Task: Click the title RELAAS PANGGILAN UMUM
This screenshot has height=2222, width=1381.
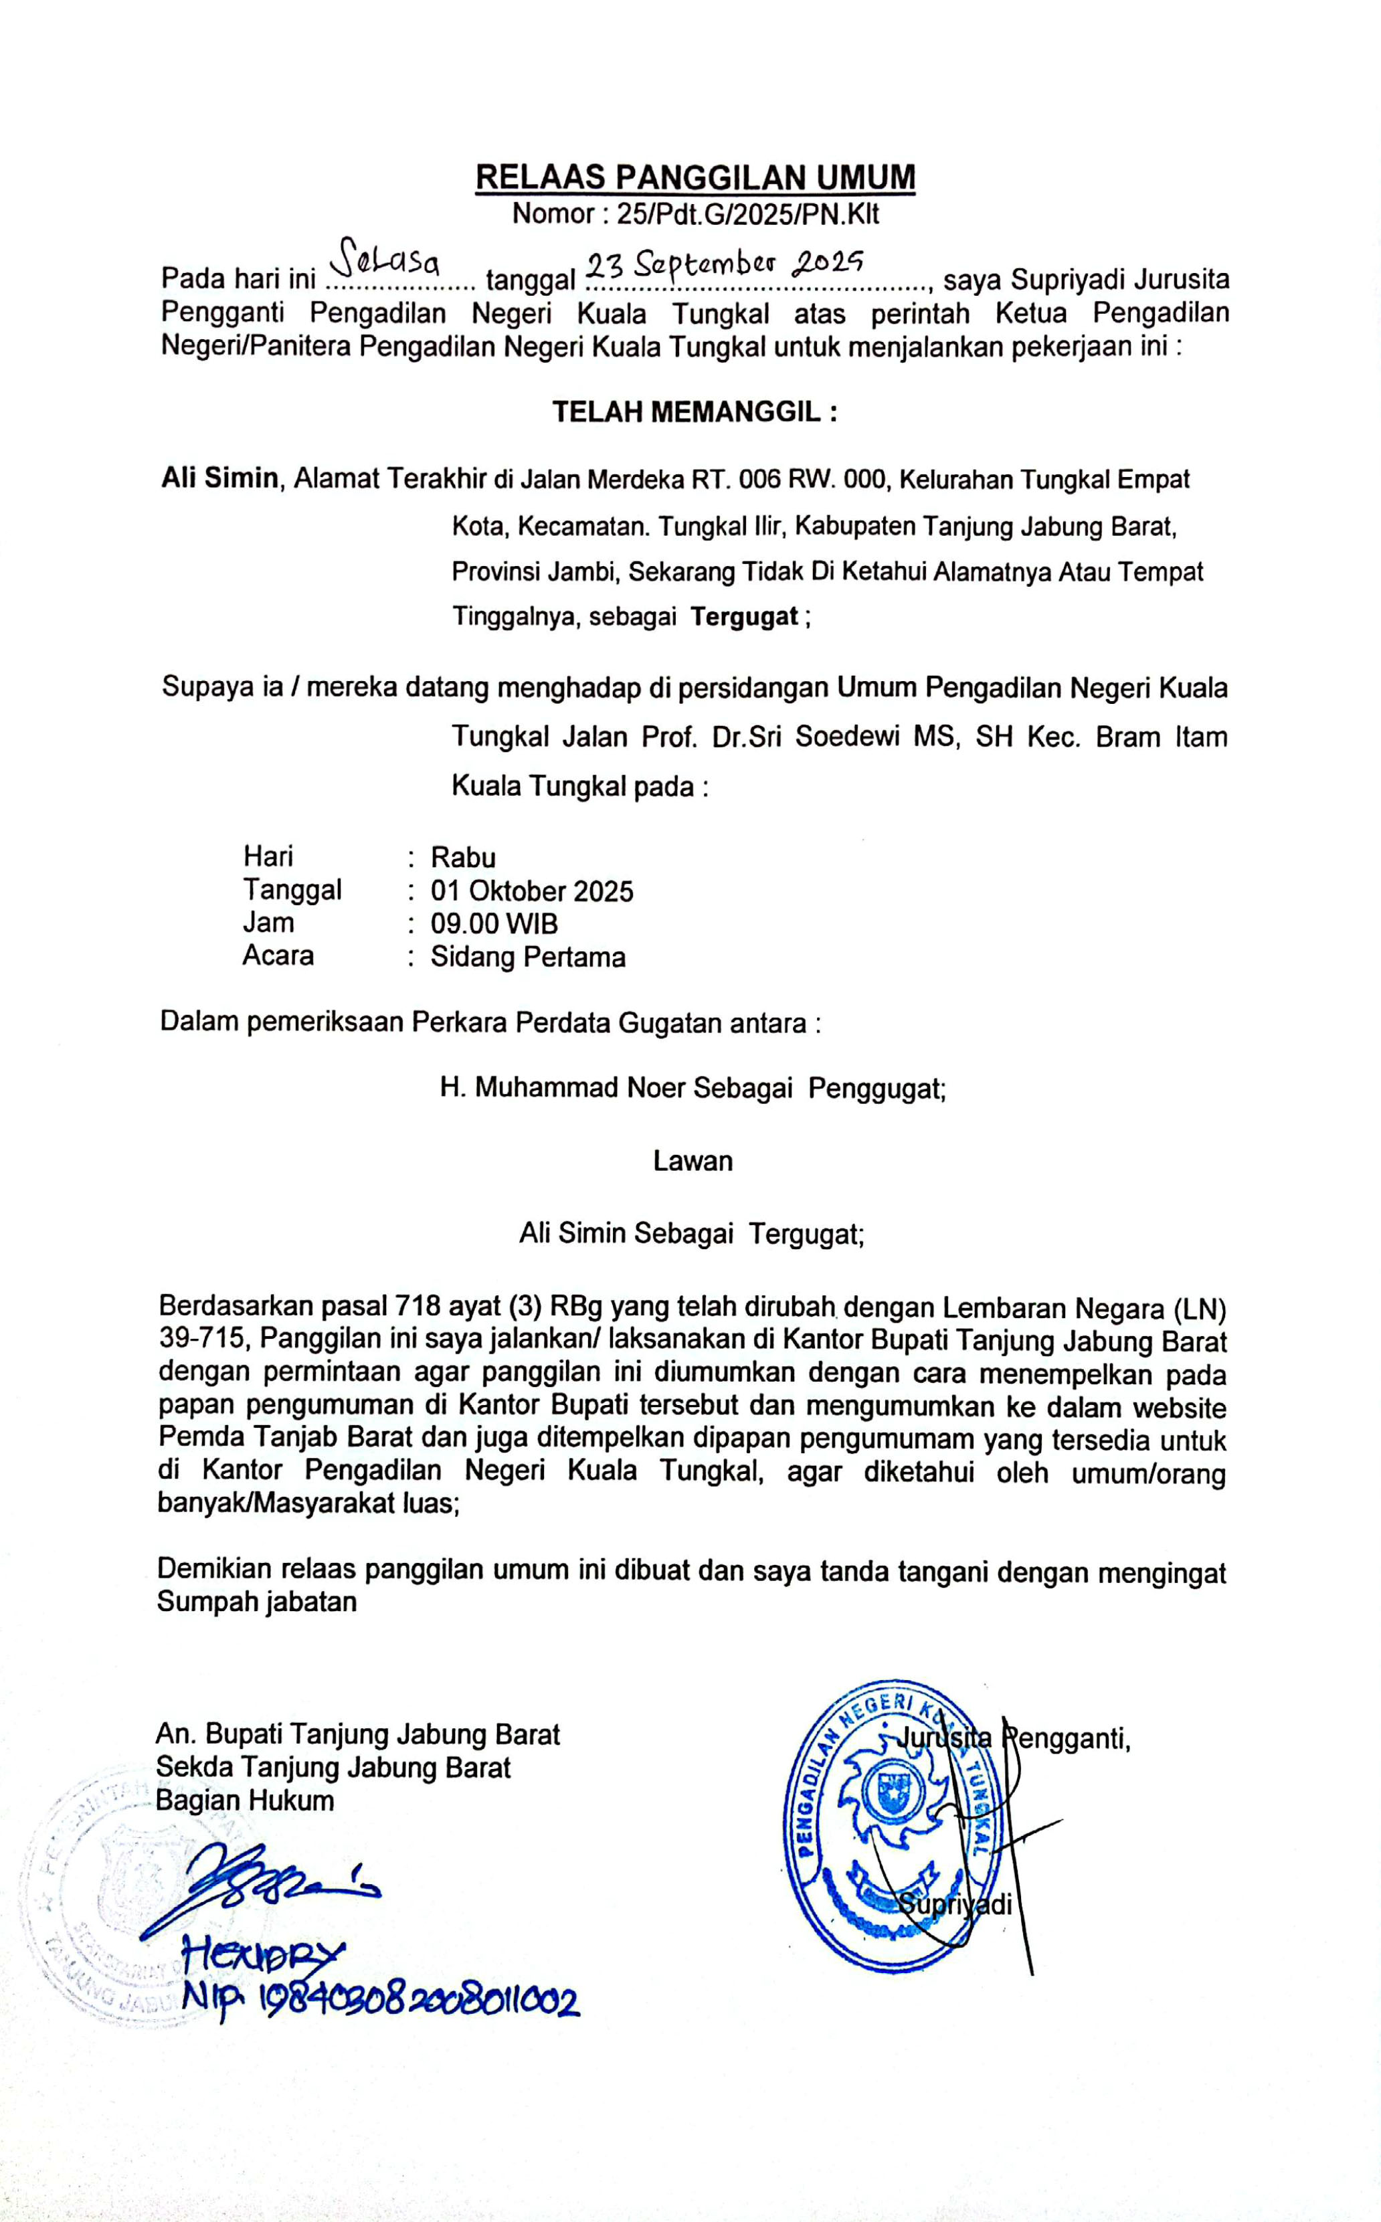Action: pyautogui.click(x=695, y=176)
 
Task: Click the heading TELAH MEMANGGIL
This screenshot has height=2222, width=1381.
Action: pyautogui.click(x=694, y=412)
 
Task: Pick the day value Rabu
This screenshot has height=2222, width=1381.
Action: pyautogui.click(x=463, y=858)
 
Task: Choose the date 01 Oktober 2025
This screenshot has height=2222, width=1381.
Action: pyautogui.click(x=531, y=891)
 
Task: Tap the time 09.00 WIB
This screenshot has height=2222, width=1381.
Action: pyautogui.click(x=494, y=923)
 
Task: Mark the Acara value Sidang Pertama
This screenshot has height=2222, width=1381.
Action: pyautogui.click(x=528, y=957)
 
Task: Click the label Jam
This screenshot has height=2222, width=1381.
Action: pyautogui.click(x=268, y=923)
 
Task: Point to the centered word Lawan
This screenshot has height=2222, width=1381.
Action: pyautogui.click(x=693, y=1161)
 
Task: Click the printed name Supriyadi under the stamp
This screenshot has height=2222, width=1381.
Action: pyautogui.click(x=955, y=1904)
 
